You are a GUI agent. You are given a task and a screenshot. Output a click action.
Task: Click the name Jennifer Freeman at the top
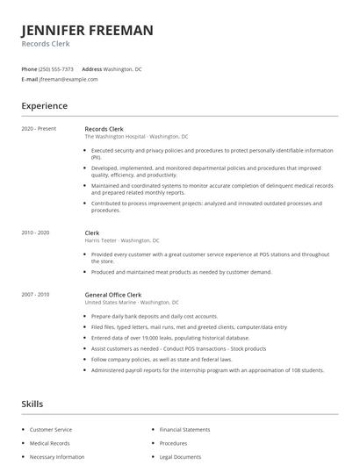point(87,30)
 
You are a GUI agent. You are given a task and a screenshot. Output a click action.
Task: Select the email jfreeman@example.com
point(68,79)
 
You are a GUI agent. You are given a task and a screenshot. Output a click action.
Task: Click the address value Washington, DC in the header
point(122,68)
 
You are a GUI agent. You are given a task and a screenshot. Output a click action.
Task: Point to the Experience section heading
point(44,106)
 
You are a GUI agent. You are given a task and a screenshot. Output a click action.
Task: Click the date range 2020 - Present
point(39,129)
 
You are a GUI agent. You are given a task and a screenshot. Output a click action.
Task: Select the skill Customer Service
point(51,430)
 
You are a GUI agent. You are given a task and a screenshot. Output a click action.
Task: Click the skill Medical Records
point(49,444)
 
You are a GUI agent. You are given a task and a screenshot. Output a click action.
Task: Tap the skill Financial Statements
point(184,430)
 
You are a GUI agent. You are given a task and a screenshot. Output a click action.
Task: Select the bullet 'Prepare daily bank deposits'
point(155,316)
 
